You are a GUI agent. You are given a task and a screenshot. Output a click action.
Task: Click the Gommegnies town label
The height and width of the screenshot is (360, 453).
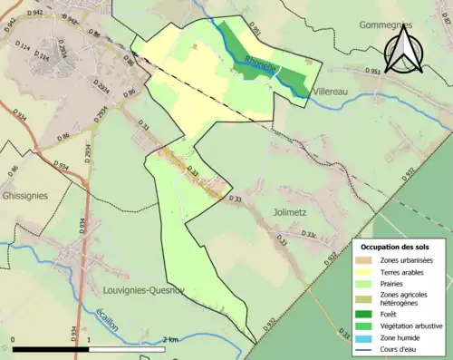point(386,25)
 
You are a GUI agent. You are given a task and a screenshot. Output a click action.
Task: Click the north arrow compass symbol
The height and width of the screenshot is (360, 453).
point(402,50)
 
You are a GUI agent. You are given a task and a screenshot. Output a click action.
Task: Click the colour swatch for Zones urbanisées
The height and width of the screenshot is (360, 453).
point(366,261)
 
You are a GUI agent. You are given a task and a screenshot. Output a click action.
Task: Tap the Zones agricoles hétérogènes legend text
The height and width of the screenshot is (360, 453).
point(405,299)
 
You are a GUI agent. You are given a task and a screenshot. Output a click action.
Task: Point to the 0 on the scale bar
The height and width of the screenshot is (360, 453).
point(13,340)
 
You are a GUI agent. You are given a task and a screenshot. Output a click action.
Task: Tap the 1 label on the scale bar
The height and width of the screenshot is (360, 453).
point(89,340)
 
